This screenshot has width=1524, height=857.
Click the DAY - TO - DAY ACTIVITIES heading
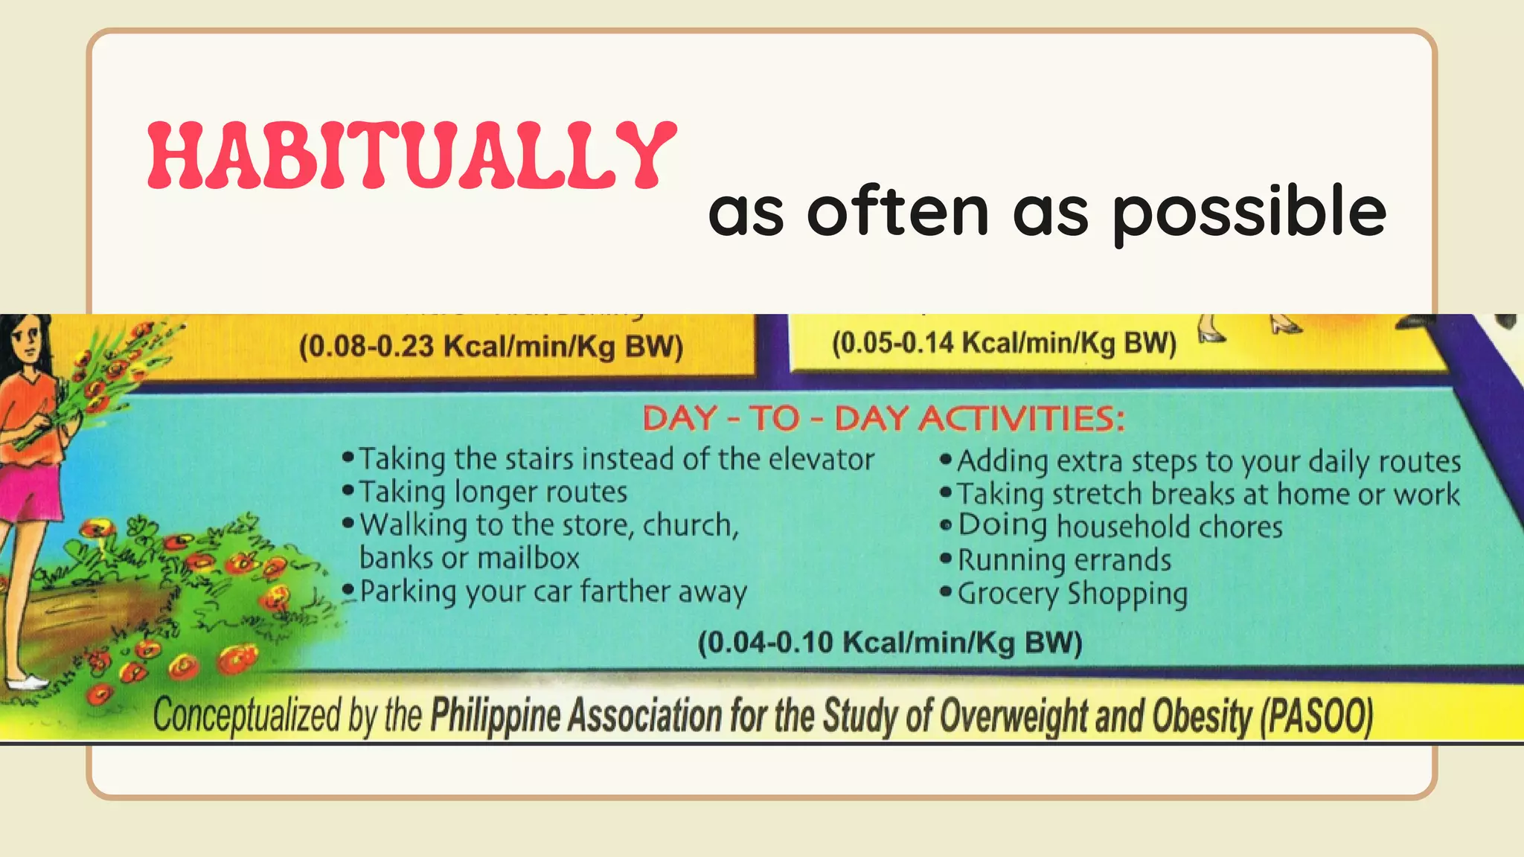pyautogui.click(x=883, y=419)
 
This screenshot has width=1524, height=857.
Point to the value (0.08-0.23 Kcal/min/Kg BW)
pyautogui.click(x=490, y=347)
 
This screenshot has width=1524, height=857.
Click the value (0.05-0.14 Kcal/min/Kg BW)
pyautogui.click(x=1004, y=344)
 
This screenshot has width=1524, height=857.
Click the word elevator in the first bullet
pyautogui.click(x=821, y=460)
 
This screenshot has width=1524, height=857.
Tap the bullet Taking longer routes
pyautogui.click(x=493, y=492)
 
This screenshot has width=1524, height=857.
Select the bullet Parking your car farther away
pyautogui.click(x=552, y=592)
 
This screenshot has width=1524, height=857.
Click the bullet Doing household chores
pyautogui.click(x=1119, y=527)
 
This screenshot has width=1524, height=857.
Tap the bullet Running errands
pyautogui.click(x=1063, y=560)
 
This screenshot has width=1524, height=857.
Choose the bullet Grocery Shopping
pyautogui.click(x=1072, y=594)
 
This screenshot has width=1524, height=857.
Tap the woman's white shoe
pyautogui.click(x=26, y=681)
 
